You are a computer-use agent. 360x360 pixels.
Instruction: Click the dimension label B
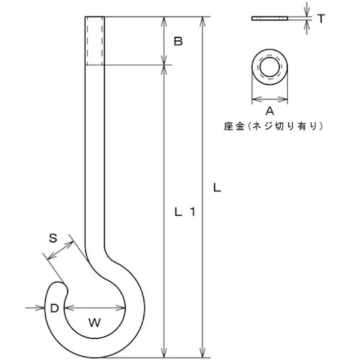[178, 41]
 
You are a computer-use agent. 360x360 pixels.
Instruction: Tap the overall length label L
[216, 188]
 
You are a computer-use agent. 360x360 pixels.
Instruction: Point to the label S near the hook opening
[53, 238]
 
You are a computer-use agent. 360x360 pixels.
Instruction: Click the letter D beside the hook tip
[54, 307]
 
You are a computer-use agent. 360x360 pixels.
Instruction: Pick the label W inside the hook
[94, 322]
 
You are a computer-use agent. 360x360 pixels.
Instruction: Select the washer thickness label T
[321, 19]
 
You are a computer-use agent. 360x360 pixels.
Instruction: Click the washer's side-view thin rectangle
[270, 19]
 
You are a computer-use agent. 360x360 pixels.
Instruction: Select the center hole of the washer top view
[270, 67]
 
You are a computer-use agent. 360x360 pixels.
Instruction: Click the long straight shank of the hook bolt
[95, 151]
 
